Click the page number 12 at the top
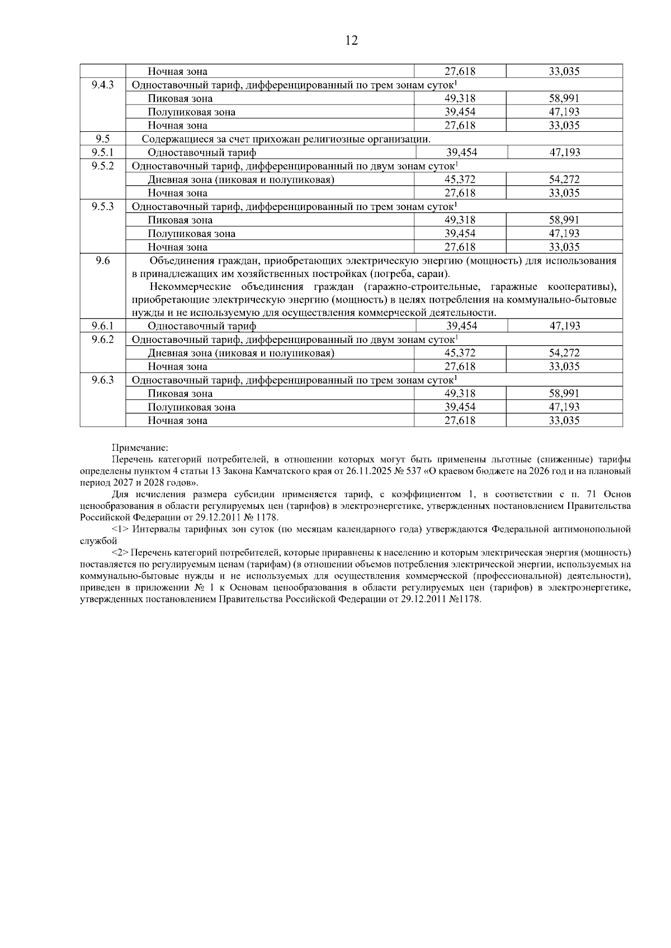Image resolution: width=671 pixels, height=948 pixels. [x=352, y=40]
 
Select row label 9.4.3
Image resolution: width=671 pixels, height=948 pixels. [x=102, y=85]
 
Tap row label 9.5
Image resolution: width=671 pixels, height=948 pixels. [x=102, y=139]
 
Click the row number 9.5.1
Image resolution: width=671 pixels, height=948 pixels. [x=102, y=152]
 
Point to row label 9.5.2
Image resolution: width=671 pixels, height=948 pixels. [x=102, y=165]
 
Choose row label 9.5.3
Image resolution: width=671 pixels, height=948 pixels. [x=102, y=206]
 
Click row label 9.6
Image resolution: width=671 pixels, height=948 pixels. [x=102, y=260]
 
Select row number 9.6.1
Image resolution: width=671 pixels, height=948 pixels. [x=102, y=326]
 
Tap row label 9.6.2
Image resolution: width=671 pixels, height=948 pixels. [x=102, y=339]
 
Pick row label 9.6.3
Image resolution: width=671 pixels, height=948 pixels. [x=102, y=380]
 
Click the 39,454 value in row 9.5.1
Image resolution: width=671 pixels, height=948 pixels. [x=461, y=153]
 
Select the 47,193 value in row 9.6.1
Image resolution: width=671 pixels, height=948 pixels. [x=564, y=326]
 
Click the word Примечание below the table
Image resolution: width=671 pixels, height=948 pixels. [x=140, y=448]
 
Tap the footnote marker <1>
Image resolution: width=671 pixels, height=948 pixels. [x=121, y=528]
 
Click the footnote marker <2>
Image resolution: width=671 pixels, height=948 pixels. [x=121, y=552]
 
